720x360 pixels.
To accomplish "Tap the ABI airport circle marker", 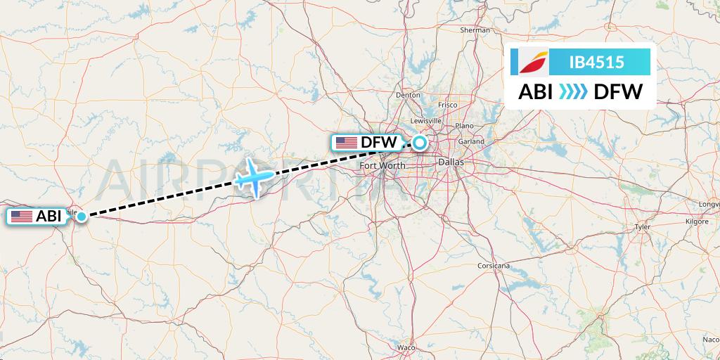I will coord(82,217).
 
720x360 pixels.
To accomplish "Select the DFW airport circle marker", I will coord(420,143).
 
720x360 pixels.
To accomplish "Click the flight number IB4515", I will coord(596,62).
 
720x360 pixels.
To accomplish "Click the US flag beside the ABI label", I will coord(22,217).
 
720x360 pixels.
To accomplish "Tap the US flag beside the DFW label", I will coord(347,143).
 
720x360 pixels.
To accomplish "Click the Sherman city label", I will coord(475,30).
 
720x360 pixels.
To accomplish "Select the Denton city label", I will coord(408,94).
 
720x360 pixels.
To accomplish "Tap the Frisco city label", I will coord(447,105).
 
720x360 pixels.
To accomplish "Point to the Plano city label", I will coord(465,126).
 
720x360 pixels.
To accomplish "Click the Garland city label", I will coord(472,141).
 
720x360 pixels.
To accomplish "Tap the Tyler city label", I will coord(643,227).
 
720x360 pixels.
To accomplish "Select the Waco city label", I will coord(406,348).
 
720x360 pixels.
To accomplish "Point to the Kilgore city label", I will coord(697,221).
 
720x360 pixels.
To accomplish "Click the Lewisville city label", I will coord(426,120).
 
